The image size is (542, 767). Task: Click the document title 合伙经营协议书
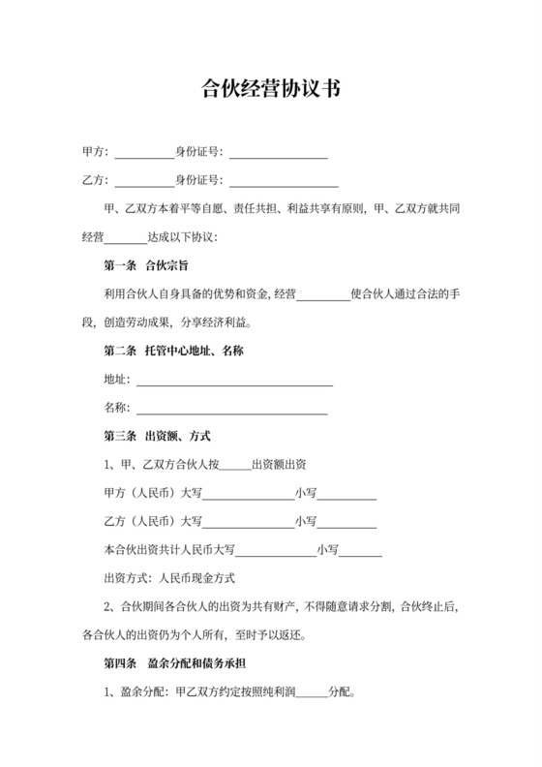coord(270,89)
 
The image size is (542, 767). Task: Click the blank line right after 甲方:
coord(144,154)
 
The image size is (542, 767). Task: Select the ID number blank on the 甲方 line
coord(279,154)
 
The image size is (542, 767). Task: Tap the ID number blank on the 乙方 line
coord(284,181)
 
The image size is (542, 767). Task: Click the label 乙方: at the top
coord(97,180)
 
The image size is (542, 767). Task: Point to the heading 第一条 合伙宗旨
coord(145,264)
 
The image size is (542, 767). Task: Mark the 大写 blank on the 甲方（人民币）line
coord(249,495)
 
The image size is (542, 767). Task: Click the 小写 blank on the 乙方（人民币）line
coord(347,523)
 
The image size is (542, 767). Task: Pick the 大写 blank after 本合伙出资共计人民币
coord(276,552)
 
